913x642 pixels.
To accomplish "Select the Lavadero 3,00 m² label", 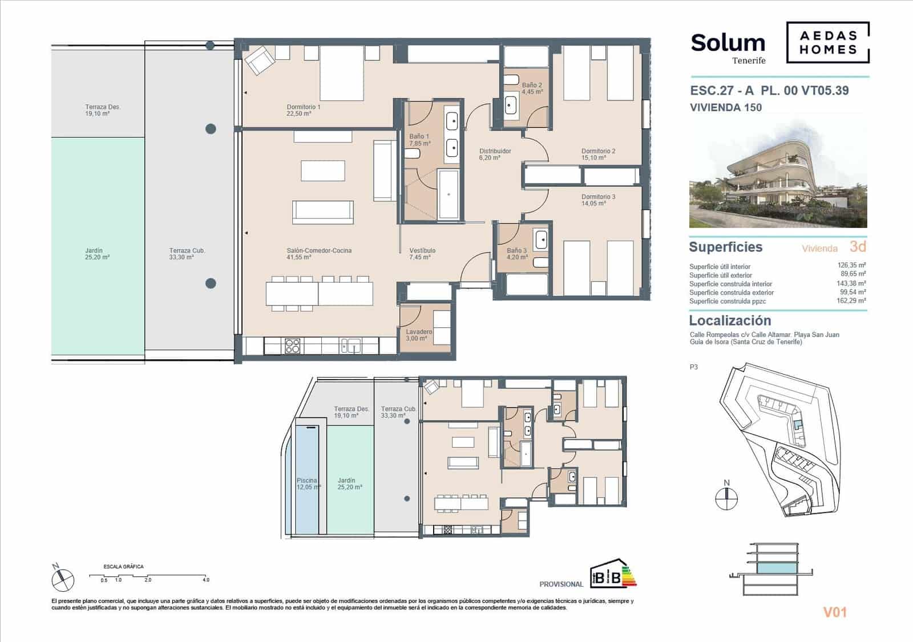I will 418,335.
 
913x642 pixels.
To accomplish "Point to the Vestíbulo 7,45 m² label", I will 422,254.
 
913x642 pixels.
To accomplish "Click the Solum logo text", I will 728,43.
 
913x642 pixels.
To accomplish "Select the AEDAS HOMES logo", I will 827,42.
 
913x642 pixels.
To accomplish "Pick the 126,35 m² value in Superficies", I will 851,266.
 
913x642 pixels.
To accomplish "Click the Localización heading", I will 729,320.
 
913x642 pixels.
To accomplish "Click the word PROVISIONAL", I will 561,584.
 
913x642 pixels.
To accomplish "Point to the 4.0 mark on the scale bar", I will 205,580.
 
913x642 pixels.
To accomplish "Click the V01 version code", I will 834,612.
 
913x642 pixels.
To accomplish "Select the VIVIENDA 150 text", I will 725,107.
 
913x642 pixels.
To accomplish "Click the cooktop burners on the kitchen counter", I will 292,345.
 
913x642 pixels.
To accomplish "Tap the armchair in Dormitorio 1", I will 260,59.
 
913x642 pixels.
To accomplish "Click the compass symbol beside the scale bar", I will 62,579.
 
